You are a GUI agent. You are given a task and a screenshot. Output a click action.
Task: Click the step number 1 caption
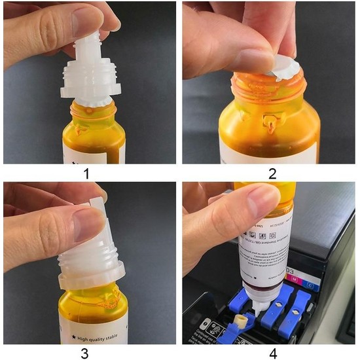click(89, 173)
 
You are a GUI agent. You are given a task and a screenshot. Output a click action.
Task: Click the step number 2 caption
click(270, 173)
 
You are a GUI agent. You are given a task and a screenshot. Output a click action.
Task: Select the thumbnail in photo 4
click(264, 200)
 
